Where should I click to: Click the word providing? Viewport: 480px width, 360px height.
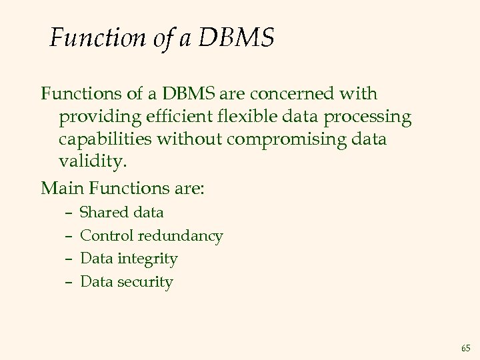[101, 118]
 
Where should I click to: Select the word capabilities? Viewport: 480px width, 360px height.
[107, 141]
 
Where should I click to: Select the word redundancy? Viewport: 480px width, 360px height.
[181, 236]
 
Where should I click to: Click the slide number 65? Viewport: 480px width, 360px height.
[465, 348]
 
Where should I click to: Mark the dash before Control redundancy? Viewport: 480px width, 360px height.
[69, 236]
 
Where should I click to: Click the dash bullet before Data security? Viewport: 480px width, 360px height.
[69, 282]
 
